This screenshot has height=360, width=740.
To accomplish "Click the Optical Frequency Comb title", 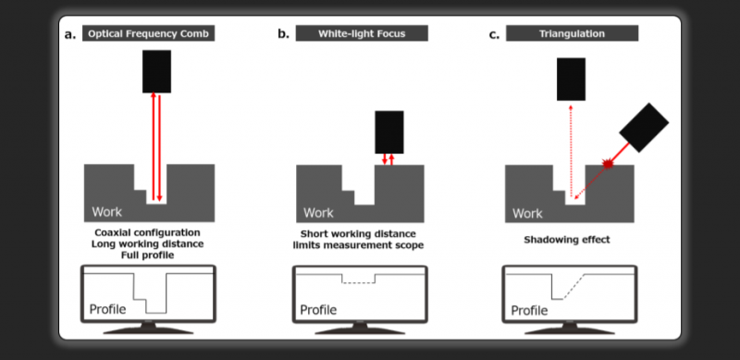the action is coord(148,33).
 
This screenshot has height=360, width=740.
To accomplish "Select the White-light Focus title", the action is coord(362,33).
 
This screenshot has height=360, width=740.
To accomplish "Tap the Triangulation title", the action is coord(572,33).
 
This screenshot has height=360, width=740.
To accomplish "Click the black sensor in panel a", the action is coord(156,71).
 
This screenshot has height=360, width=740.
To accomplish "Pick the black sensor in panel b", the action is coord(389,132).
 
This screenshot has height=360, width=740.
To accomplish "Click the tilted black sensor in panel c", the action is coord(644,128).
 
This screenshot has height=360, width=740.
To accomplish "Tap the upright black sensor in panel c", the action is coord(571,80).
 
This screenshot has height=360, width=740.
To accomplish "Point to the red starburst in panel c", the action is coord(608,164).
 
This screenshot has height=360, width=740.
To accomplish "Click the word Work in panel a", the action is coord(106,212).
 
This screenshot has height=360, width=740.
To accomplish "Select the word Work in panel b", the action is coord(318,213).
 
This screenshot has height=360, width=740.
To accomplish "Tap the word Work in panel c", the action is coord(527,214).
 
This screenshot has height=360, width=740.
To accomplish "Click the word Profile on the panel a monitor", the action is coord(107,309).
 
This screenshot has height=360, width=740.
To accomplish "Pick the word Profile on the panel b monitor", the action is coord(318,310).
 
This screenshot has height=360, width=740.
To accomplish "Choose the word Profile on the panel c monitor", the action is coord(529,310).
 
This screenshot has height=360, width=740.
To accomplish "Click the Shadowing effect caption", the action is coord(567,240).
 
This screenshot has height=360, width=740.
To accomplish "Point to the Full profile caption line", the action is coord(147,255).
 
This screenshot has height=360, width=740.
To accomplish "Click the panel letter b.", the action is coord(283,34).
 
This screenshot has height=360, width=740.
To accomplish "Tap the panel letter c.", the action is coord(494,35).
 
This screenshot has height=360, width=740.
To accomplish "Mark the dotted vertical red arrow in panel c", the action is coord(571,151).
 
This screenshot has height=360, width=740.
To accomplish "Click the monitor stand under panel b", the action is coord(360,329).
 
